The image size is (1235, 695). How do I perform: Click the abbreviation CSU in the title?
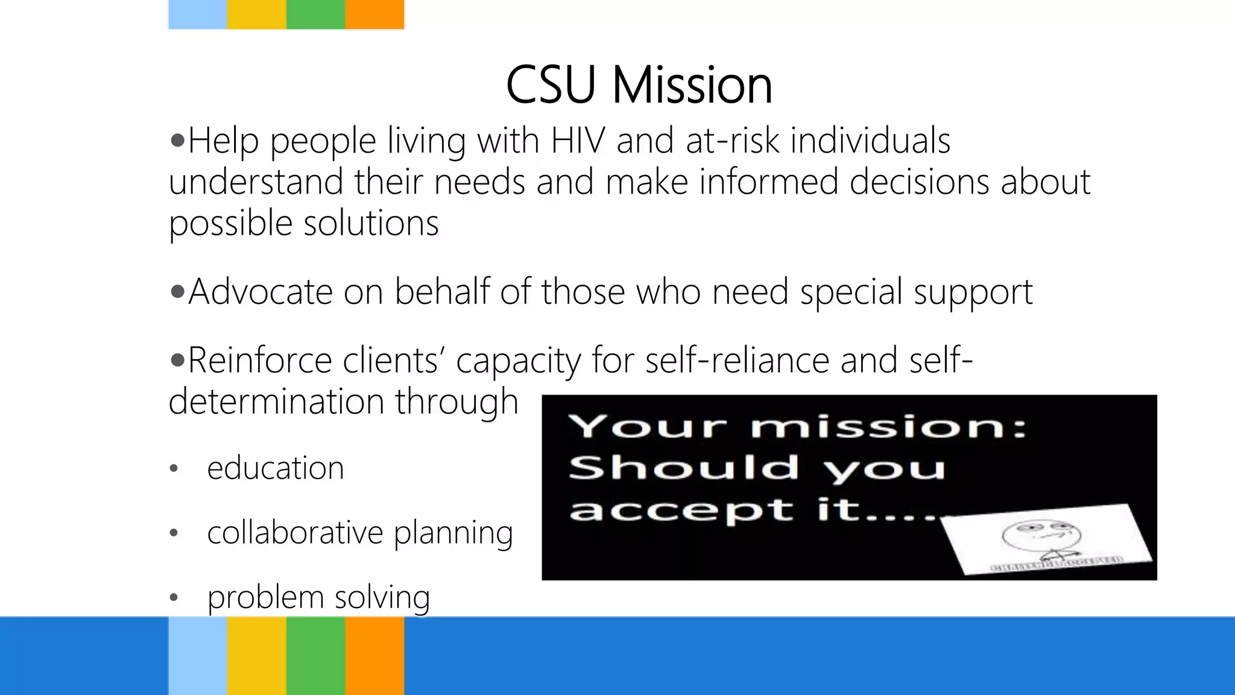click(551, 85)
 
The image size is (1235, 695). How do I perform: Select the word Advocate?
click(260, 292)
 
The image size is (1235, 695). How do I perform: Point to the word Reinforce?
click(259, 361)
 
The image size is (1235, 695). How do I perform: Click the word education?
click(275, 468)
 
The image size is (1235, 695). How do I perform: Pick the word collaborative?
click(295, 533)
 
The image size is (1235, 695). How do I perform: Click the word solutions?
click(371, 223)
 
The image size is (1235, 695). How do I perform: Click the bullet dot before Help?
click(177, 141)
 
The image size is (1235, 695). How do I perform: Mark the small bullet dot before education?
click(174, 469)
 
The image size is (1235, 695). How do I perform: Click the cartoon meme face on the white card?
click(1041, 538)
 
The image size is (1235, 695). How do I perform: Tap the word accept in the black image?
click(681, 510)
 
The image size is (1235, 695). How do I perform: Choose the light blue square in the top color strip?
click(197, 14)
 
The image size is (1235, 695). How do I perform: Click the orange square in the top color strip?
click(374, 14)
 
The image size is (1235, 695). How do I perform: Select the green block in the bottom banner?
click(315, 656)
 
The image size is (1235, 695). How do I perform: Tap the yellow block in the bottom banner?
click(256, 656)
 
